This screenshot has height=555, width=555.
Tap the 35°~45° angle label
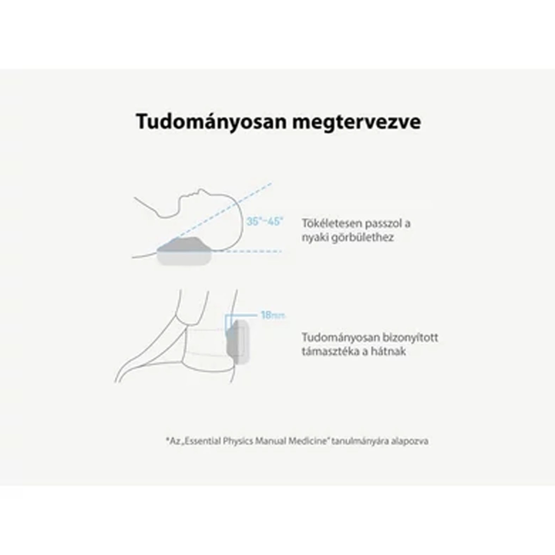[x=265, y=222]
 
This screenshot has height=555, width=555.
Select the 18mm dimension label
[x=272, y=315]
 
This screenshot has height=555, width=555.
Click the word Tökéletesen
[x=331, y=223]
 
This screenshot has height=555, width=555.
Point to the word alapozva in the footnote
[x=409, y=442]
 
